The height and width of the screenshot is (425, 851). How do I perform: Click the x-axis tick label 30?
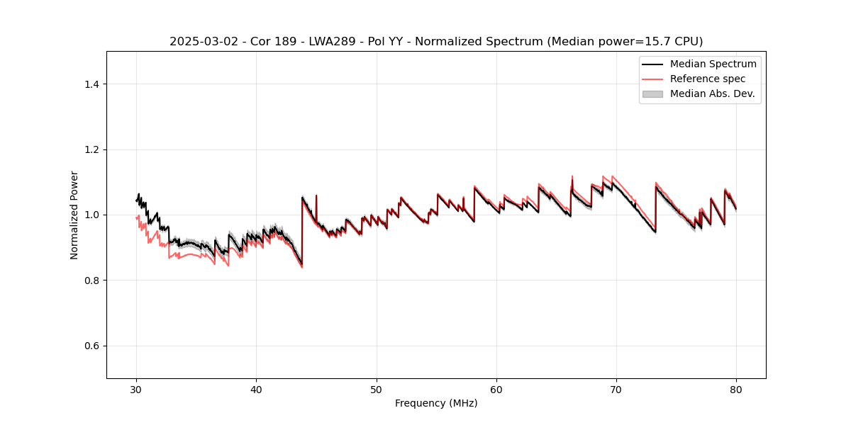tap(137, 390)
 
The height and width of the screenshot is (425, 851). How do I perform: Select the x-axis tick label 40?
tap(257, 390)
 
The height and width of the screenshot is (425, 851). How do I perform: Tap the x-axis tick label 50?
tap(377, 390)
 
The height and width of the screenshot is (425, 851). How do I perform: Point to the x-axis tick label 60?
tap(496, 390)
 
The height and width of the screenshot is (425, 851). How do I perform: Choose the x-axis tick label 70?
tap(616, 390)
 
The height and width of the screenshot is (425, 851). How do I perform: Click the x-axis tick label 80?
tap(736, 390)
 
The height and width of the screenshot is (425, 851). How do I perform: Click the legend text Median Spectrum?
tap(713, 64)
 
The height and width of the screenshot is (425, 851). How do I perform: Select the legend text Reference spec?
tap(708, 79)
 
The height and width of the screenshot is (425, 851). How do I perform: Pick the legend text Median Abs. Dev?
tap(712, 93)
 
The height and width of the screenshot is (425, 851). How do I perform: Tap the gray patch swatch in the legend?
tap(652, 93)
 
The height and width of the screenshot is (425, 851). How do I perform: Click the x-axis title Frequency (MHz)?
tap(436, 403)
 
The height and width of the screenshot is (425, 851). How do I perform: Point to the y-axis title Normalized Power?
tap(74, 215)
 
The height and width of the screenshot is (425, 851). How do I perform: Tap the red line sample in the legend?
tap(652, 79)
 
